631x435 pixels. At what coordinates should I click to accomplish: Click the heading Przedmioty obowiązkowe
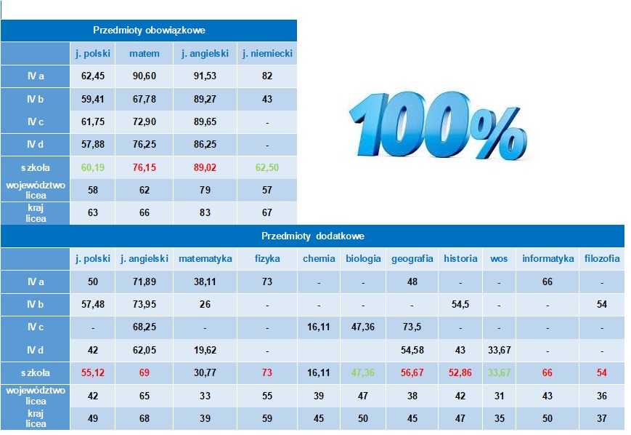[149, 30]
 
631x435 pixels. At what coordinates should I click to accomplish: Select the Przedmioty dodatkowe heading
[312, 236]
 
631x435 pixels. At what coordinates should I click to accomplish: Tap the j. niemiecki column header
[266, 53]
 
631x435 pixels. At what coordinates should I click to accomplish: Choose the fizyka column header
[268, 258]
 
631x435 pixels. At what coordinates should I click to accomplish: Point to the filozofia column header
[602, 258]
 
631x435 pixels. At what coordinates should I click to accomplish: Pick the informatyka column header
[547, 258]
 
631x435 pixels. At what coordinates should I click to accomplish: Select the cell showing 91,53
[205, 76]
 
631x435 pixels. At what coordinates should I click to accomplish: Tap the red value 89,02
[205, 167]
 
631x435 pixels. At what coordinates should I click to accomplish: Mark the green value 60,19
[92, 167]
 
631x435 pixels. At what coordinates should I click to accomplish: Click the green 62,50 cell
[266, 167]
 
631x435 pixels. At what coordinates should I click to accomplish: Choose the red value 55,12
[92, 372]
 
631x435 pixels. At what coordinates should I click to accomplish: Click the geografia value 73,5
[412, 327]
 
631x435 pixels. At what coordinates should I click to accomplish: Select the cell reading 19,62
[205, 350]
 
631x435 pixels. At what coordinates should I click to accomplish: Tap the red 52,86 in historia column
[460, 372]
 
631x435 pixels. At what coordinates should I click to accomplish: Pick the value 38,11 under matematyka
[205, 282]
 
